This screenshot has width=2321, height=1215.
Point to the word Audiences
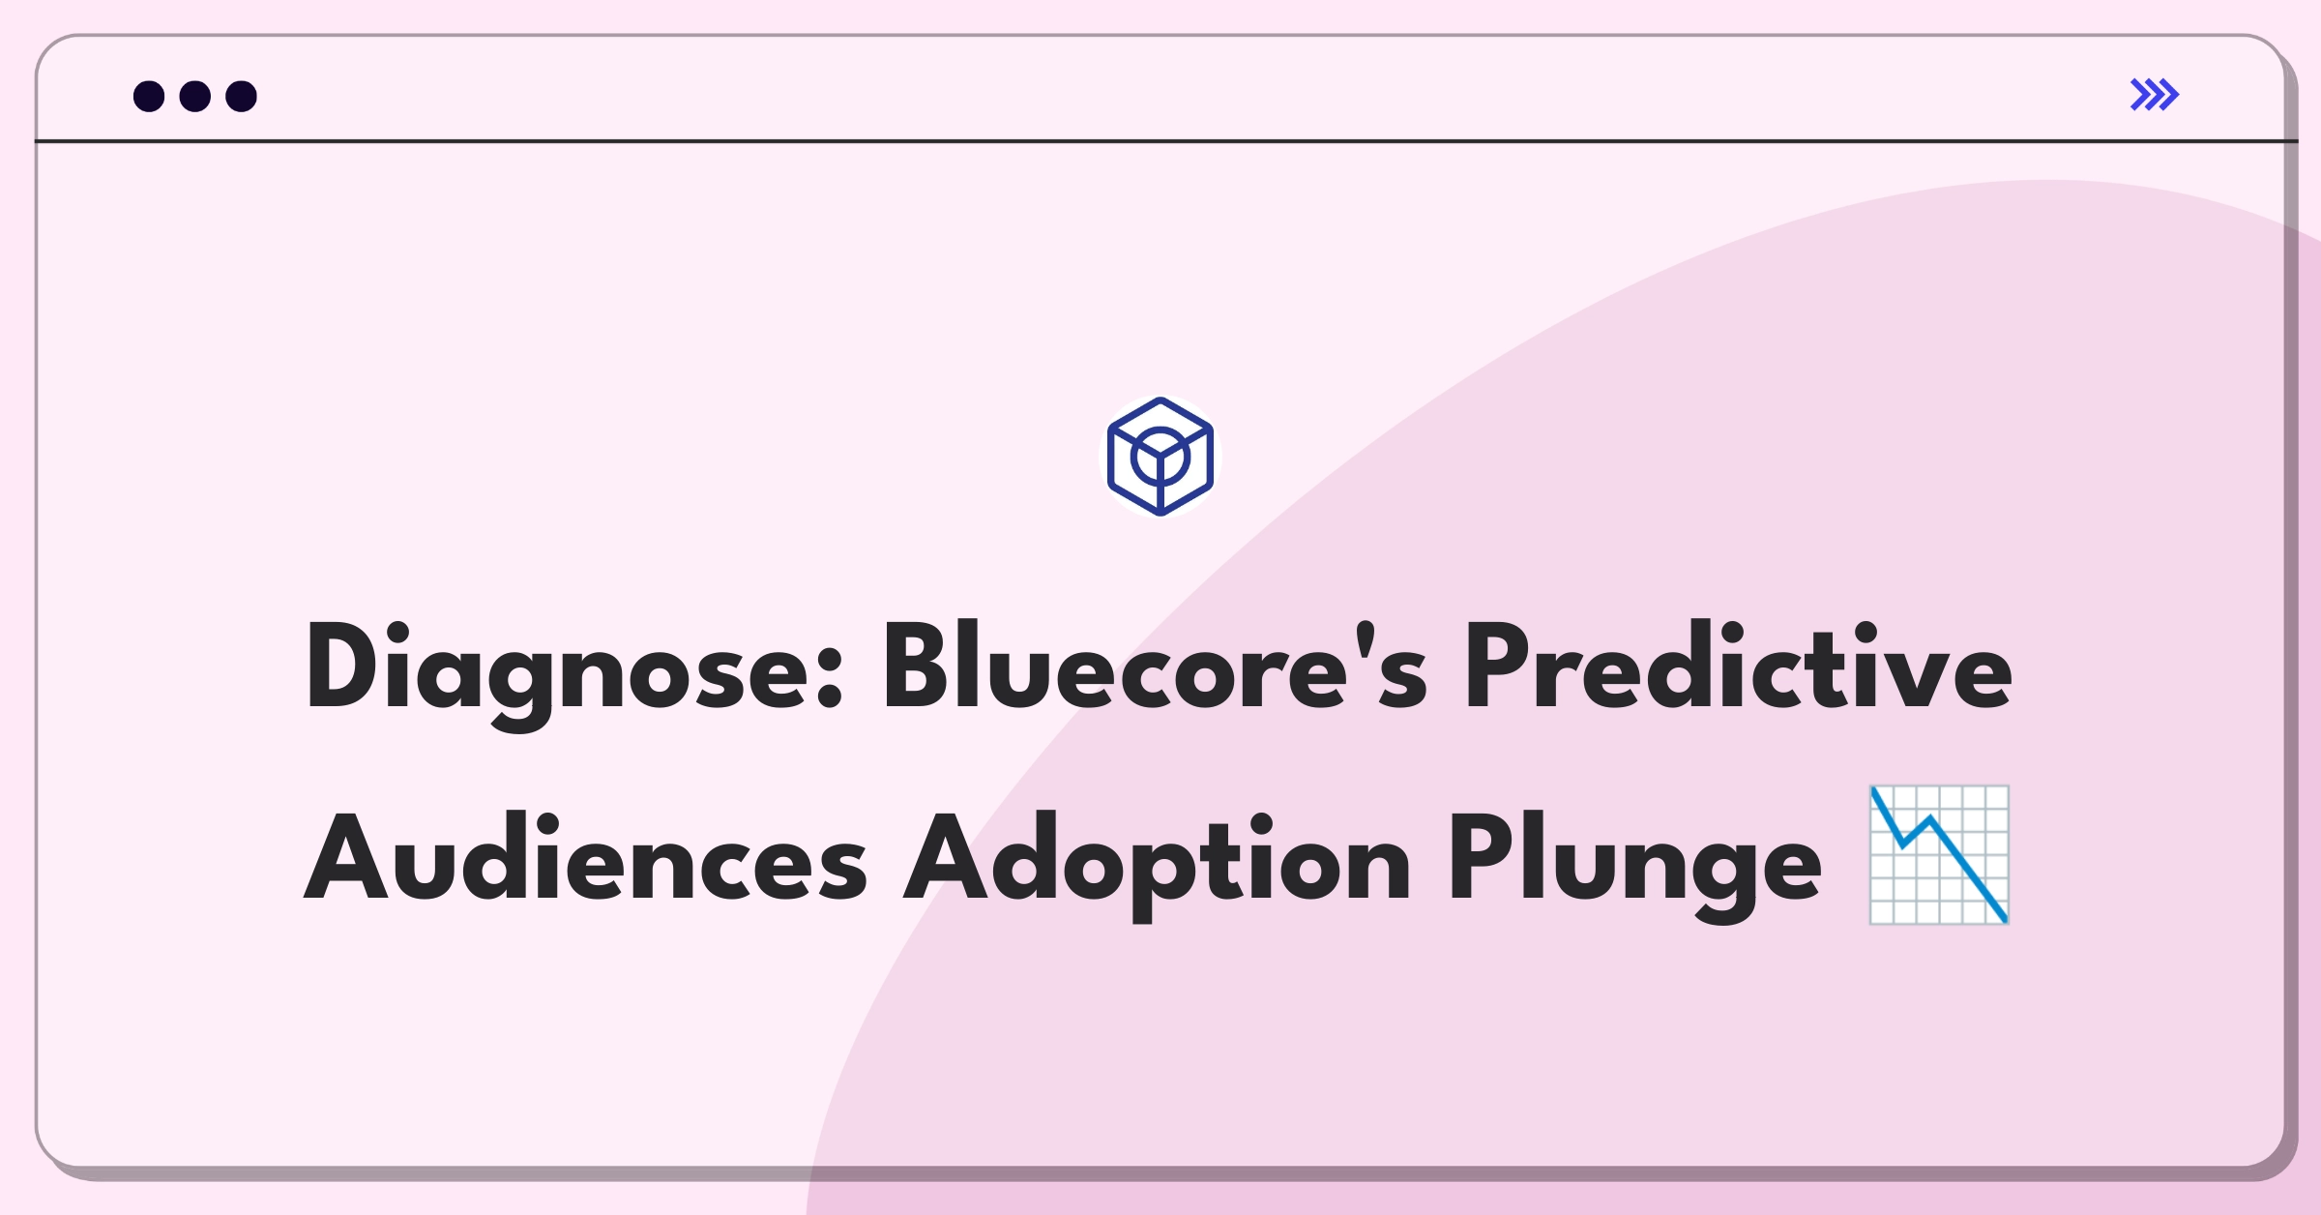586,857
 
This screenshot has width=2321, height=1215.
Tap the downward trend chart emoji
1939,855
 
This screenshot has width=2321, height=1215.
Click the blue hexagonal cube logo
1160,457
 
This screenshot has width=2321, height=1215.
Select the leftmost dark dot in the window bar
149,96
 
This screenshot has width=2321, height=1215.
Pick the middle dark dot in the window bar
195,96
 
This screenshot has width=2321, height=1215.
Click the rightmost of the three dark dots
242,96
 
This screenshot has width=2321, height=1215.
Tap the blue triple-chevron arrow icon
2155,95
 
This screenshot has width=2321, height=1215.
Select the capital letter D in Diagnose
344,667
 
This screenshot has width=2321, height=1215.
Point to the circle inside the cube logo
1160,457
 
